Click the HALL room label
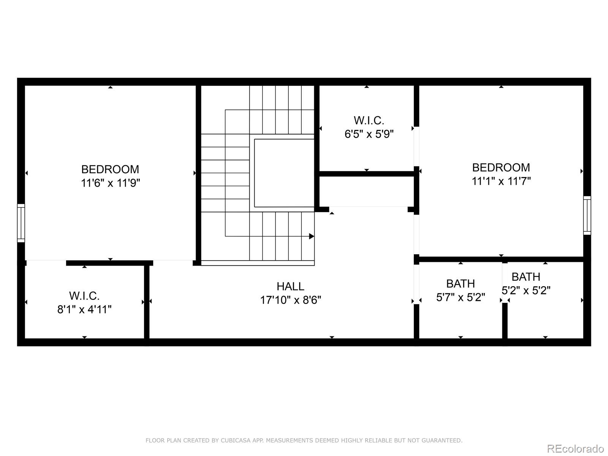click(x=290, y=287)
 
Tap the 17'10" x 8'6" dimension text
click(x=291, y=300)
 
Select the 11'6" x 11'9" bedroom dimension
click(x=111, y=183)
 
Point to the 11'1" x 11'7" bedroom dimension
click(x=501, y=181)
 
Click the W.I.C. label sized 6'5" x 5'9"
click(x=369, y=120)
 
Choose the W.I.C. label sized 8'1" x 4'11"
click(x=84, y=296)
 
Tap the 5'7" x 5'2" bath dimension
click(x=461, y=298)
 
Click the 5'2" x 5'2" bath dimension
click(x=526, y=290)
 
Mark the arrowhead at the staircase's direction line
click(x=312, y=236)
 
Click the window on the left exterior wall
click(x=21, y=223)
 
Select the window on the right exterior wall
click(x=587, y=215)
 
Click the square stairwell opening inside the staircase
click(x=284, y=173)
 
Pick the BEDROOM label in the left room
click(x=110, y=169)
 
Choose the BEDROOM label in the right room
click(x=501, y=168)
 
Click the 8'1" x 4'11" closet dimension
click(x=84, y=310)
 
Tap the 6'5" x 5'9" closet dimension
click(x=369, y=134)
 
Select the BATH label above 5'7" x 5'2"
click(x=461, y=284)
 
